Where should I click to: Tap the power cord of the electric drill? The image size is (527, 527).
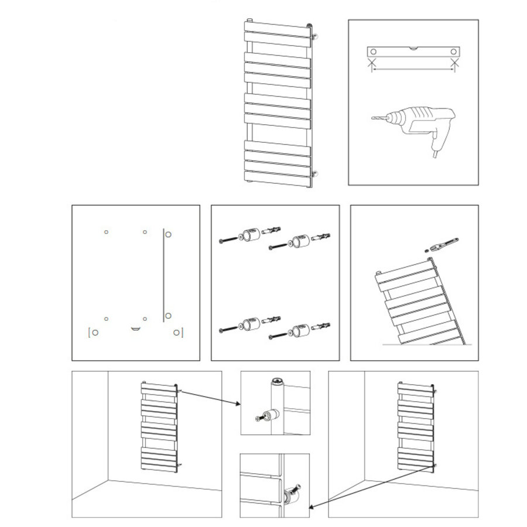[x=436, y=154]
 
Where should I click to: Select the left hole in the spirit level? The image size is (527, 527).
[x=372, y=52]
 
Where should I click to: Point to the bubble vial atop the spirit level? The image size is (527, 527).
[x=413, y=47]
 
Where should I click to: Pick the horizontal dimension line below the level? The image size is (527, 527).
[x=413, y=69]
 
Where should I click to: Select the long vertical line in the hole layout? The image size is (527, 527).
[x=162, y=274]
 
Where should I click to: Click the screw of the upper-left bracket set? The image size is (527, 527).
[x=228, y=239]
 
